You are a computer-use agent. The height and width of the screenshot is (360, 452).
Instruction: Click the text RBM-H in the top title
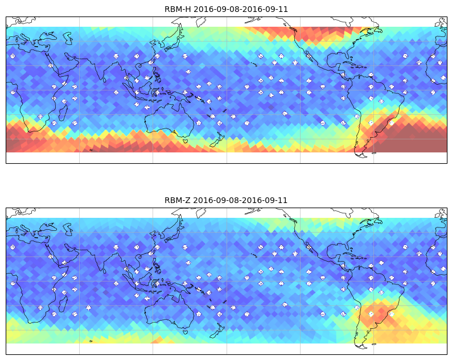coord(178,9)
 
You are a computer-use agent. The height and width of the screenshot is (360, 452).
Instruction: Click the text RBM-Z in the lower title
coord(177,200)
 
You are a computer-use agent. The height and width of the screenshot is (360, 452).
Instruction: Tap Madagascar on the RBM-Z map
coord(63,304)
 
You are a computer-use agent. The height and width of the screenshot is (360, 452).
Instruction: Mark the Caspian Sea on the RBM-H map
coord(68,38)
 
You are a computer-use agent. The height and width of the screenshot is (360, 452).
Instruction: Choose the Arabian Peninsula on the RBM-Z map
coord(61,255)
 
